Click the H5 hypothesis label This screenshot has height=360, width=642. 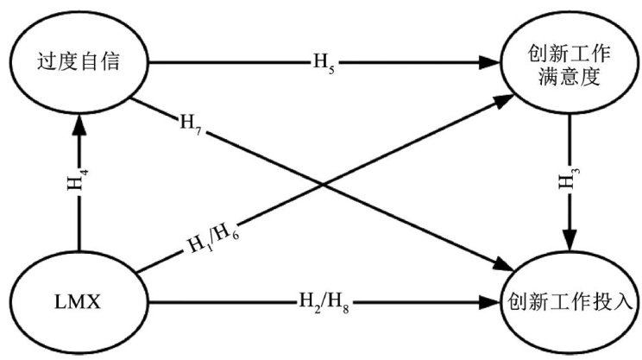pyautogui.click(x=322, y=61)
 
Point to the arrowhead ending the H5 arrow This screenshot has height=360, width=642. pyautogui.click(x=496, y=62)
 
